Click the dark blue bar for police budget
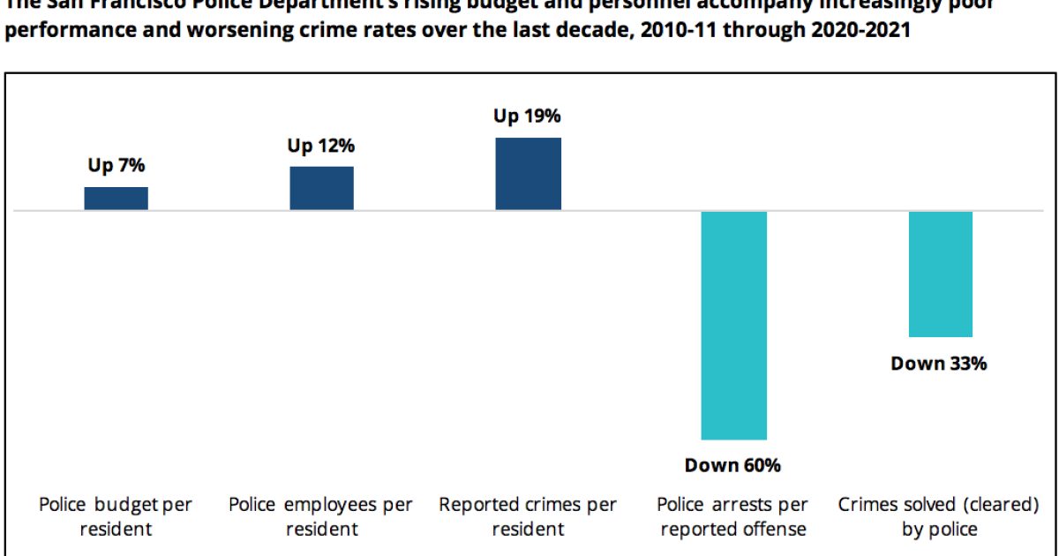click(x=116, y=198)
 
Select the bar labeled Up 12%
click(x=321, y=187)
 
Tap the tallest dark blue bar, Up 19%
click(x=528, y=173)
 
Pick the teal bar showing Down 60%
click(x=733, y=325)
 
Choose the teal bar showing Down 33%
click(x=940, y=274)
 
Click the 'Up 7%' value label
click(x=116, y=166)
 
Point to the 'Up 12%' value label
click(x=321, y=146)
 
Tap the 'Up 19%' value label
click(x=528, y=116)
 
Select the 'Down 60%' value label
click(x=733, y=465)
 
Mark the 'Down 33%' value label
click(x=939, y=363)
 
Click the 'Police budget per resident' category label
click(x=116, y=516)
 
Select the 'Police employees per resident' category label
click(x=321, y=516)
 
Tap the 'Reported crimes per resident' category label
click(x=528, y=516)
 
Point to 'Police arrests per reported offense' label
click(x=733, y=516)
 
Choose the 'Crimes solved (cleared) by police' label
click(x=939, y=516)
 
